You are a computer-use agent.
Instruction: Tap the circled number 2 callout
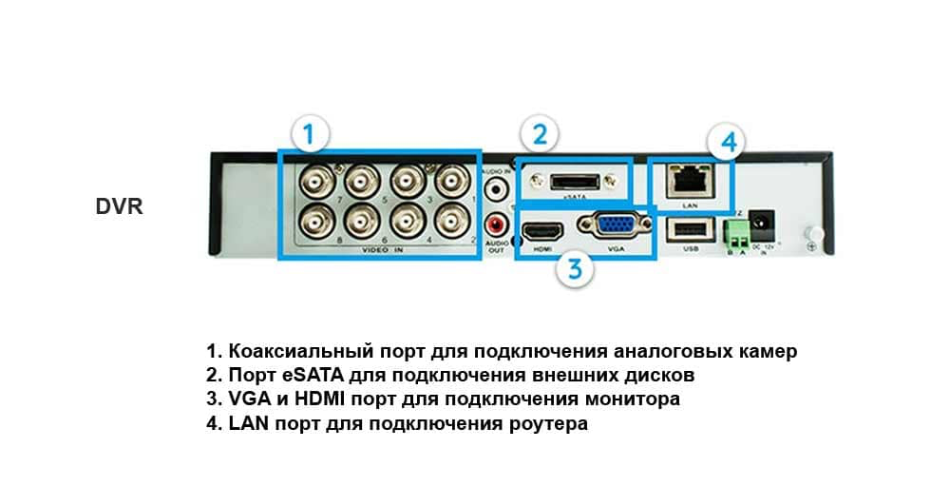539,134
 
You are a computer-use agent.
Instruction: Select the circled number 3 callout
575,268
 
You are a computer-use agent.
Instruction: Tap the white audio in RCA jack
496,188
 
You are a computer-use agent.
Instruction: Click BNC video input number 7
314,181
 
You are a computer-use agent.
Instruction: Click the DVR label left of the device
119,206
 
